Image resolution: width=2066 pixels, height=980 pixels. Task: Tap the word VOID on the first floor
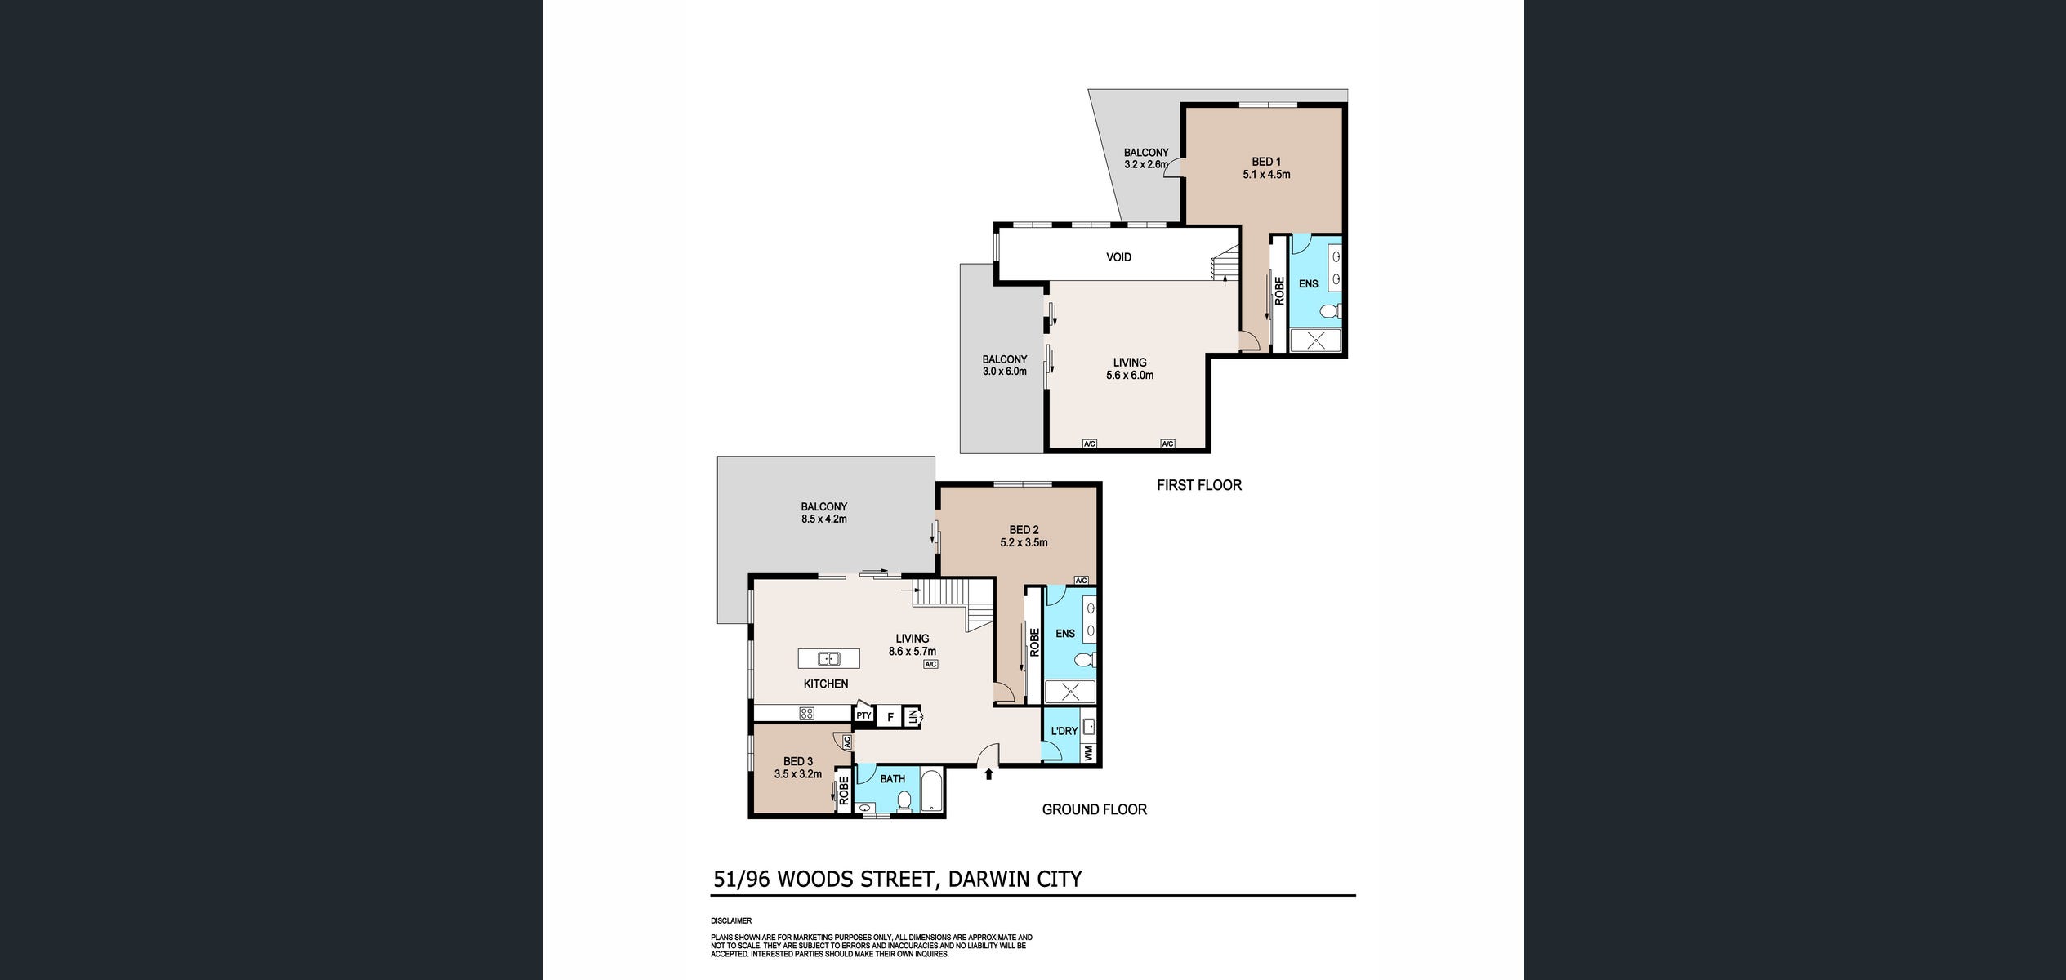(x=1118, y=257)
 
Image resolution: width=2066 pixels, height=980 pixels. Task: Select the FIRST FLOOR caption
(x=1198, y=485)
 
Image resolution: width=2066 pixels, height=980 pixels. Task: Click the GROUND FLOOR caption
(x=1094, y=809)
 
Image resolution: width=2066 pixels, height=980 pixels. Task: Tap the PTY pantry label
(x=863, y=716)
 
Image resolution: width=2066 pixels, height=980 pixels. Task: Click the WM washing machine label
(x=1088, y=754)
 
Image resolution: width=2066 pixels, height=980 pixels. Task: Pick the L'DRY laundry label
(x=1064, y=731)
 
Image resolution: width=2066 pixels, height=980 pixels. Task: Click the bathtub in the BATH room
(x=932, y=790)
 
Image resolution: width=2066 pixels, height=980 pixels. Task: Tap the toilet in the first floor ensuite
(x=1331, y=311)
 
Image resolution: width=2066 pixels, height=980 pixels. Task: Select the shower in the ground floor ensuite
(x=1070, y=693)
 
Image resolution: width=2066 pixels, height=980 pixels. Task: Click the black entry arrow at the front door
(x=988, y=774)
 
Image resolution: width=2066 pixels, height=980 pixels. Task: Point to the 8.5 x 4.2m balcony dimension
(x=823, y=519)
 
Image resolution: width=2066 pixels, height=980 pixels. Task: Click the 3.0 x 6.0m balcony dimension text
(x=1004, y=372)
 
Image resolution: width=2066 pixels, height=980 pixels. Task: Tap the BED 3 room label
(x=798, y=762)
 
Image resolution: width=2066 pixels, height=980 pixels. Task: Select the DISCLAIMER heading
(x=731, y=920)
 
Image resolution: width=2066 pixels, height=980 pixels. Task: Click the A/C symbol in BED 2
(x=1081, y=581)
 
